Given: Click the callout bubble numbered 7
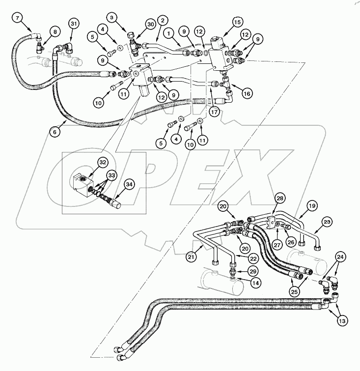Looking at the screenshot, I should [18, 19].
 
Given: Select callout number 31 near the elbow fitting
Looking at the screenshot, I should [74, 24].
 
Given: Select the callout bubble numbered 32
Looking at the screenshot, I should [102, 163].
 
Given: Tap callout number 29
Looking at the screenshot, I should [253, 271].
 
